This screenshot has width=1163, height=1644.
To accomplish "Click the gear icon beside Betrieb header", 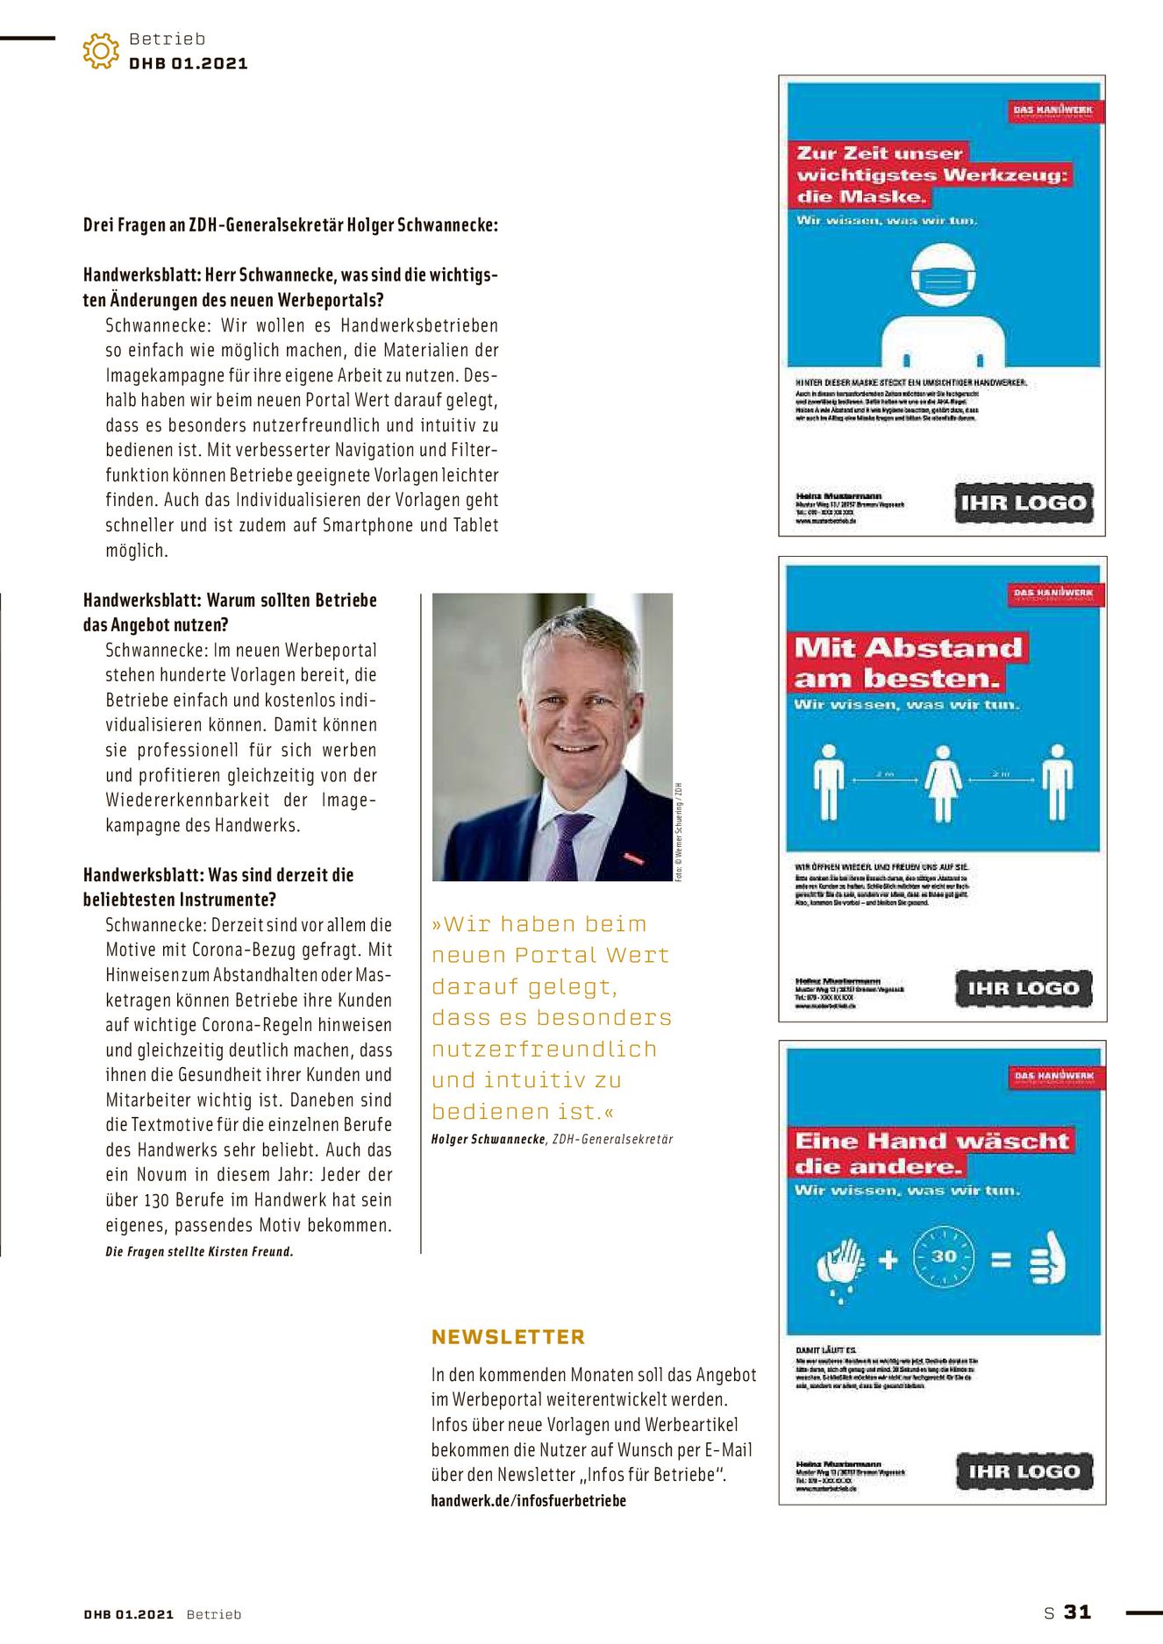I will coord(101,52).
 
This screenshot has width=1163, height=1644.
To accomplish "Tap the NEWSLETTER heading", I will coord(508,1337).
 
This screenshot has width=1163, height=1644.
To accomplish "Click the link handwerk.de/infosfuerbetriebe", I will coord(528,1500).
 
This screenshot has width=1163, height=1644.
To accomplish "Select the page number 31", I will coord(1077,1612).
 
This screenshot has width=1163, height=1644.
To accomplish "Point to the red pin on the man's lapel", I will coord(633,857).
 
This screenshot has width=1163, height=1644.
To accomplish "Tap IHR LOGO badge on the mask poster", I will coord(1023,503).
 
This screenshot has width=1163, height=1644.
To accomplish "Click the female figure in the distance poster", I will coord(943,783).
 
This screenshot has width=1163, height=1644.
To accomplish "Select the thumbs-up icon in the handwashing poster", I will coord(1047,1259).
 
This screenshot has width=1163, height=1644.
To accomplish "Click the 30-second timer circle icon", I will coord(944,1257).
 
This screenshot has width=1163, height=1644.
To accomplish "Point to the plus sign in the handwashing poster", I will coord(888,1260).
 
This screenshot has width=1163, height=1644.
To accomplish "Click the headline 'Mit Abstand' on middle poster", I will coord(908,648).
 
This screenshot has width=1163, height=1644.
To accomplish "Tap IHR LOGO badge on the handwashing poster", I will coord(1024,1471).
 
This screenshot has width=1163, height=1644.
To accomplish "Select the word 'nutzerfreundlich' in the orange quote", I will coord(544,1049).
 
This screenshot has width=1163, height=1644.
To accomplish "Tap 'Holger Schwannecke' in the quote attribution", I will coord(488,1139).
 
